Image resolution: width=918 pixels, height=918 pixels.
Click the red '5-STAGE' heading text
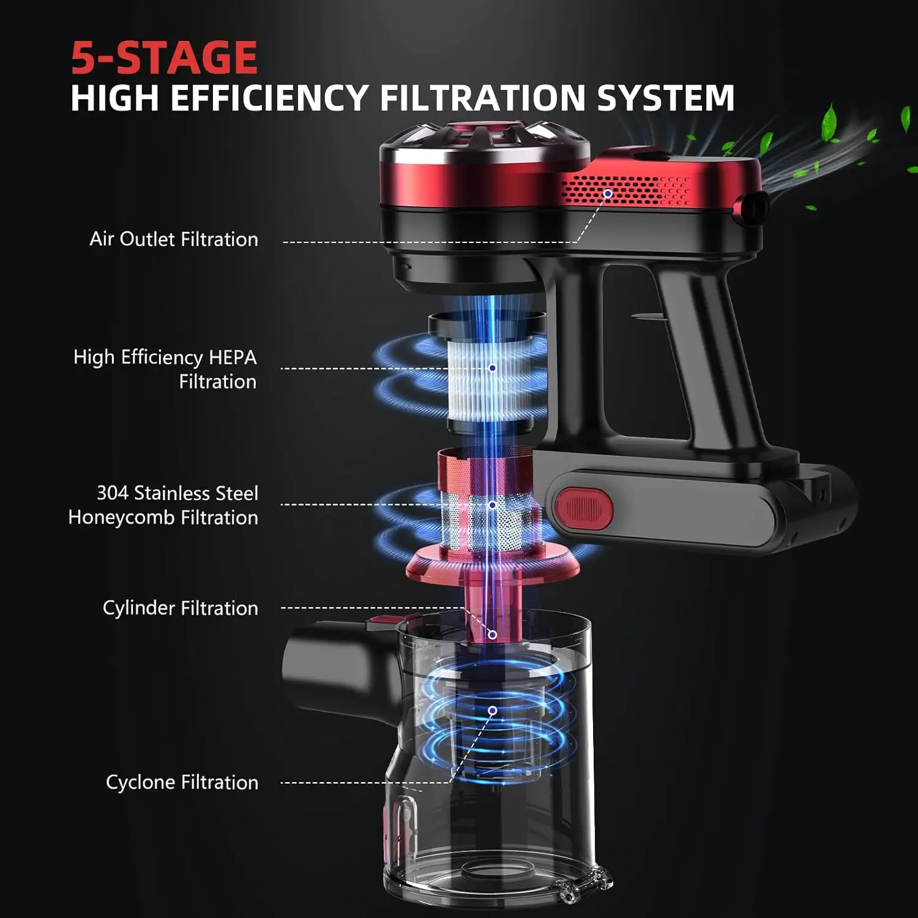click(x=164, y=58)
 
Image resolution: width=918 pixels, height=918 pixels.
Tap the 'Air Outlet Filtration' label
click(x=174, y=239)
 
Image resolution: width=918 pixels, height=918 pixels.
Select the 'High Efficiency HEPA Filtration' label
click(x=165, y=369)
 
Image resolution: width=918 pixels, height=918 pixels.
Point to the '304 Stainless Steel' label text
click(x=177, y=493)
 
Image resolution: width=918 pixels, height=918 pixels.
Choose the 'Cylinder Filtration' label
click(x=180, y=608)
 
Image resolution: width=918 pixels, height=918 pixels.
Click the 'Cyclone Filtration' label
click(x=182, y=782)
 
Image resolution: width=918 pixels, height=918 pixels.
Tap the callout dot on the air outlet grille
click(x=608, y=193)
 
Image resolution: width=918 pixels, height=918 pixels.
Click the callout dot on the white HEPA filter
click(x=492, y=368)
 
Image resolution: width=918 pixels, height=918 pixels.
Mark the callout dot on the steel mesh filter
click(x=492, y=505)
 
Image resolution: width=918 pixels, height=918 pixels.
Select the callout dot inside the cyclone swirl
click(x=492, y=711)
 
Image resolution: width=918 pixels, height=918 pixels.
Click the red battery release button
click(x=583, y=508)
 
